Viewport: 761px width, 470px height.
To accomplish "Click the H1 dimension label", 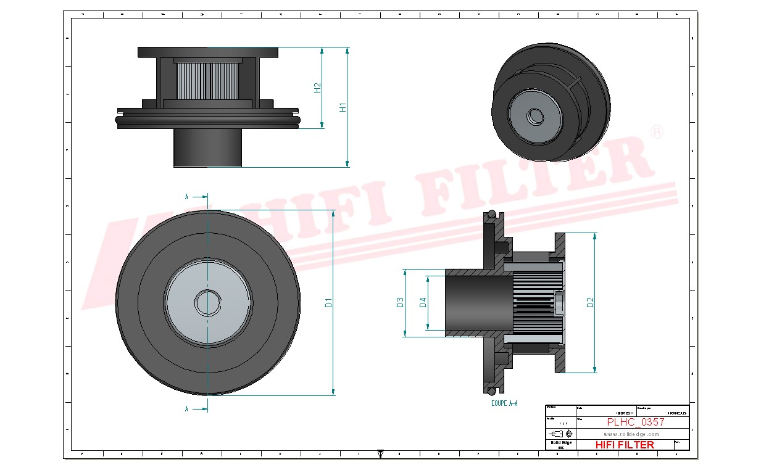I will [343, 107].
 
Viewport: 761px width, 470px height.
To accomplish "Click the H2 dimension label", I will [318, 88].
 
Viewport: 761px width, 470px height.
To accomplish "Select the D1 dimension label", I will [329, 302].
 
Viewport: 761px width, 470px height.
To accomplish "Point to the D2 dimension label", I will [590, 302].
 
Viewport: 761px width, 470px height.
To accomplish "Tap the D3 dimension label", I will [400, 302].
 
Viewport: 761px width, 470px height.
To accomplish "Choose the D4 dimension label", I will [423, 302].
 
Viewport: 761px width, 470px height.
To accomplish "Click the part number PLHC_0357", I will [635, 423].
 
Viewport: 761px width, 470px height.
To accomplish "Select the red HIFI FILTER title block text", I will [625, 445].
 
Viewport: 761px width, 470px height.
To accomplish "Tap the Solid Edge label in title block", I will [560, 443].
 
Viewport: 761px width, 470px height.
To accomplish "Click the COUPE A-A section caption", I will [504, 403].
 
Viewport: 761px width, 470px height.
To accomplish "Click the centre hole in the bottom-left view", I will [207, 302].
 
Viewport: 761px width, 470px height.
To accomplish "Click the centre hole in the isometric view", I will [535, 116].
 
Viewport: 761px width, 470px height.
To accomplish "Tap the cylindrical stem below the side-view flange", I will [207, 147].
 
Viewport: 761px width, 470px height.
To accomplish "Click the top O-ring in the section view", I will [492, 215].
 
